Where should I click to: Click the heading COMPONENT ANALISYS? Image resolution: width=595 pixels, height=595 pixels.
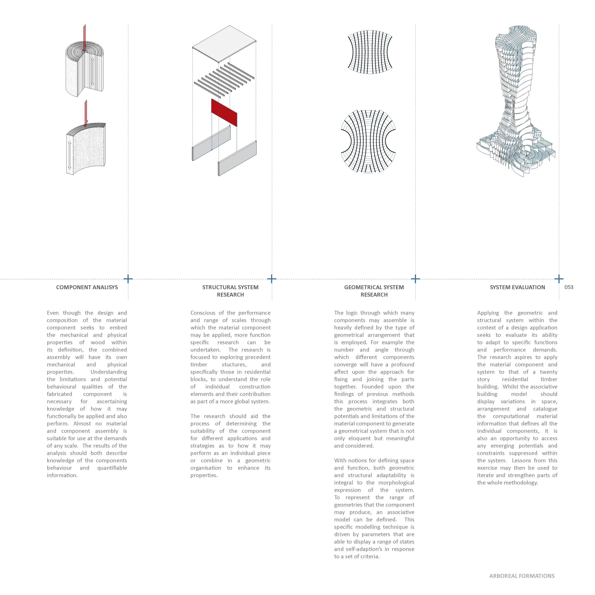[x=87, y=287]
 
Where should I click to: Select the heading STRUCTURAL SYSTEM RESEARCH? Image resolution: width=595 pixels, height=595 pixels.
[x=230, y=291]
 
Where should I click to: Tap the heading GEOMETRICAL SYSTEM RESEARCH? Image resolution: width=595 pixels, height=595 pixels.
[x=374, y=291]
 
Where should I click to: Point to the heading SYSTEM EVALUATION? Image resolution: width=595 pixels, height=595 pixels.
[x=517, y=287]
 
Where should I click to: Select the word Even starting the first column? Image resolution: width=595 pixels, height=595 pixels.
[x=53, y=313]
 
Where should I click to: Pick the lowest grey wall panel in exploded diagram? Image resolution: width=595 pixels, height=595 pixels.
[x=237, y=158]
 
